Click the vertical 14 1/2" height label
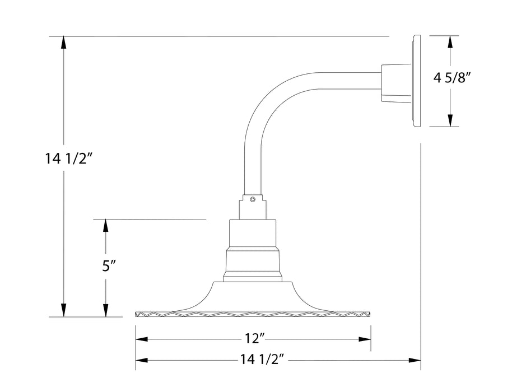(68, 159)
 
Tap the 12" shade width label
(254, 339)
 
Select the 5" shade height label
(109, 266)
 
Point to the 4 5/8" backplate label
(452, 78)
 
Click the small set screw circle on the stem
(253, 198)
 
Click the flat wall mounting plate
(415, 81)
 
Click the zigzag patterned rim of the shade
(254, 315)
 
